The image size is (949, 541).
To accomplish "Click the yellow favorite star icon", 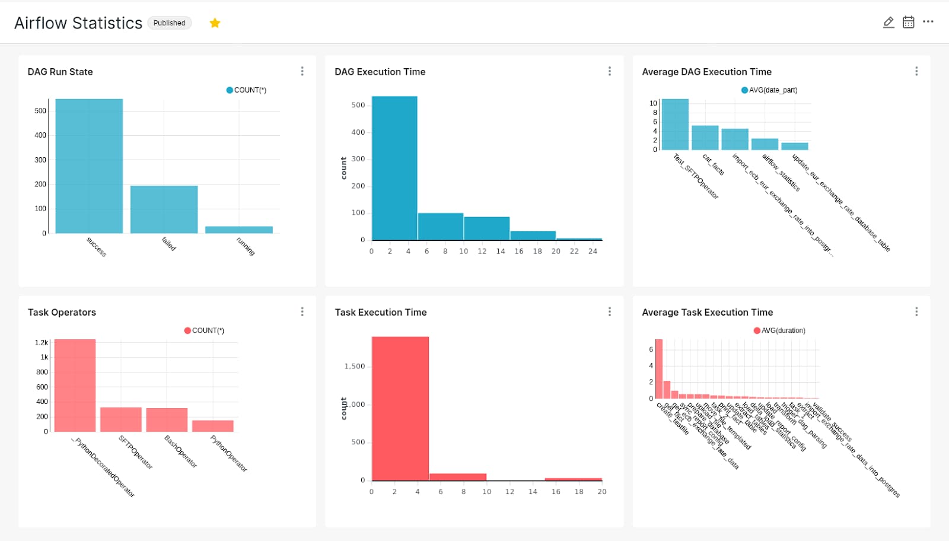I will point(215,23).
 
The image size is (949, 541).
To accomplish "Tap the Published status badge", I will point(170,23).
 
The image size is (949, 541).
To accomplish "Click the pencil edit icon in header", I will point(889,23).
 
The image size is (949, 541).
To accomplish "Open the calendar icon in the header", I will point(908,23).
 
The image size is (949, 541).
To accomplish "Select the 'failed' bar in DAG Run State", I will point(164,209).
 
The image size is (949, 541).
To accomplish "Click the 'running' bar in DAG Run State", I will point(239,230).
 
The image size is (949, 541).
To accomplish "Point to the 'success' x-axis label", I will point(96,247).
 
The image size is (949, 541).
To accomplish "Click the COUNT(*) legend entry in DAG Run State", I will point(247,90).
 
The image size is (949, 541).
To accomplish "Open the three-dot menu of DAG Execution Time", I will point(609,71).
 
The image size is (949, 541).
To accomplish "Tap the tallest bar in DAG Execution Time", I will point(394,168).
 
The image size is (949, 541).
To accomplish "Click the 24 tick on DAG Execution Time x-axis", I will point(593,252).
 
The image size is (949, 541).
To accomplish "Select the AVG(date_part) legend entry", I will point(769,90).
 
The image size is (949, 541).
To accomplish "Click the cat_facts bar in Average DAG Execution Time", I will point(705,138).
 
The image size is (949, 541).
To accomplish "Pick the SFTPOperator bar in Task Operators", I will point(121,419).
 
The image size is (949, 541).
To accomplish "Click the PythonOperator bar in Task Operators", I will point(213,426).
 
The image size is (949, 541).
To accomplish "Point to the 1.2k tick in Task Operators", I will point(41,343).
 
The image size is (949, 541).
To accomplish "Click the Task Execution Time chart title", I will point(380,313).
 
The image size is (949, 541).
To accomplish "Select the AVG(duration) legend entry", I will point(779,330).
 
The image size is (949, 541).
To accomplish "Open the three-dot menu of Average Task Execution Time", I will point(916,312).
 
